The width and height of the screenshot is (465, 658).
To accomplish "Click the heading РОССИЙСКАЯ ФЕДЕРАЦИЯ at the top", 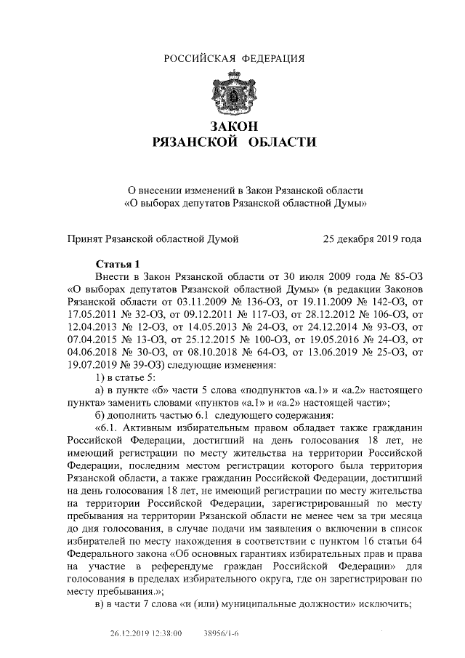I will tap(233, 58).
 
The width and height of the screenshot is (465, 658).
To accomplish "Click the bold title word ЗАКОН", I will tap(233, 127).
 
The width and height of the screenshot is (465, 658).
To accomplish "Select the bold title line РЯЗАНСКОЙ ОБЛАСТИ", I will tap(233, 142).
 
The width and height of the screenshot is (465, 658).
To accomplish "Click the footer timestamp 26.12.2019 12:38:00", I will tap(146, 634).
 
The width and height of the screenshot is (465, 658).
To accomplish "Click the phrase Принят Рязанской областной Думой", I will tap(152, 238).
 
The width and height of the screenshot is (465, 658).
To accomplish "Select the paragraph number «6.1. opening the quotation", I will tap(110, 424).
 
